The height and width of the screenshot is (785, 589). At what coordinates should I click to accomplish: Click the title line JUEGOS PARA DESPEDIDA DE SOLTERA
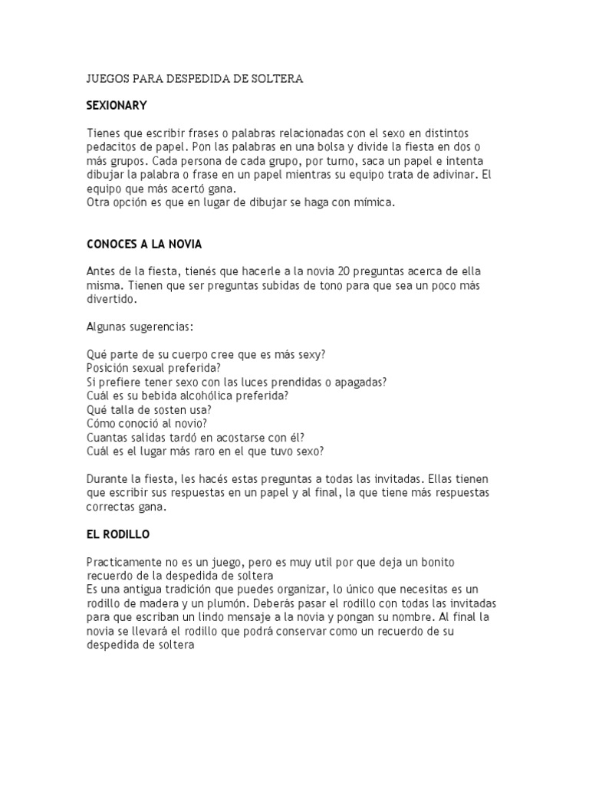pyautogui.click(x=195, y=79)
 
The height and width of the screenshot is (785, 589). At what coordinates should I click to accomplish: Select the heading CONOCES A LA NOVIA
pyautogui.click(x=144, y=244)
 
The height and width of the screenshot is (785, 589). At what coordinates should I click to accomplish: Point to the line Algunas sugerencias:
pyautogui.click(x=140, y=327)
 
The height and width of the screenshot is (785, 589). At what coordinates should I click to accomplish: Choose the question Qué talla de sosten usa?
pyautogui.click(x=150, y=409)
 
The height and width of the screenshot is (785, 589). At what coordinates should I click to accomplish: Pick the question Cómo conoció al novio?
pyautogui.click(x=147, y=423)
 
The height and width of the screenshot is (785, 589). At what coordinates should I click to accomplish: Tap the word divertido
pyautogui.click(x=110, y=300)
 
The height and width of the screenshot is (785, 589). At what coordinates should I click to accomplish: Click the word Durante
pyautogui.click(x=106, y=479)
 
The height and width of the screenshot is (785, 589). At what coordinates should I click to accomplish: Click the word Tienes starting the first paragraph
pyautogui.click(x=103, y=133)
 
